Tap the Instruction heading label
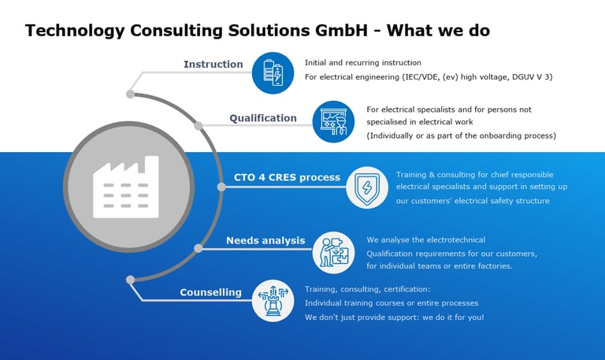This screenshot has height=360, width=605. click(213, 65)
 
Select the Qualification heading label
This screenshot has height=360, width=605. click(263, 118)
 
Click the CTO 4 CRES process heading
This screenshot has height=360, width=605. click(287, 177)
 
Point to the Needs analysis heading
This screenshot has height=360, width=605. click(265, 240)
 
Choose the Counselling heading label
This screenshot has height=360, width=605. click(210, 292)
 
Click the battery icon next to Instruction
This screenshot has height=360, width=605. click(273, 73)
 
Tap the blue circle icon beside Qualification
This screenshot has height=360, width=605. click(333, 121)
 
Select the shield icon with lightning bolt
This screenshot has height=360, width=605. click(367, 187)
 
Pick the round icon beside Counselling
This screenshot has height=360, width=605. click(273, 300)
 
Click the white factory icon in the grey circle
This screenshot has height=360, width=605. click(126, 187)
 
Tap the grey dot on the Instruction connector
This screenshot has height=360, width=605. click(130, 94)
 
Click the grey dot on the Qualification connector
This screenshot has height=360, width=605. click(199, 125)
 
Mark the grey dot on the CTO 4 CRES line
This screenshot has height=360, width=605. click(222, 187)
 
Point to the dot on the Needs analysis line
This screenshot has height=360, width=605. click(199, 248)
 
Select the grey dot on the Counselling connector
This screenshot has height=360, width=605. click(130, 279)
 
